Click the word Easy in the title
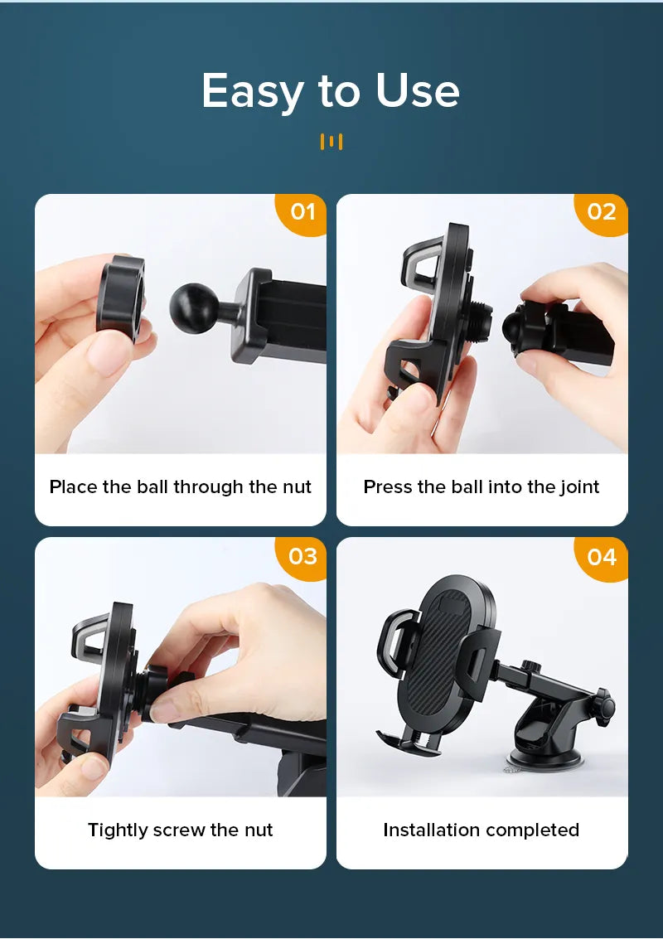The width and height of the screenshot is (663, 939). tap(253, 91)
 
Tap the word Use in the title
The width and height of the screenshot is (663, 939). tap(417, 91)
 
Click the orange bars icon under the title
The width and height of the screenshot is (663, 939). tap(331, 142)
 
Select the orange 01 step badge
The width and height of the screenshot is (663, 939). tap(302, 212)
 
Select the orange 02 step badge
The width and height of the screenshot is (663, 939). tap(602, 212)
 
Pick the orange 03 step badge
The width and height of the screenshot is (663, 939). tap(302, 556)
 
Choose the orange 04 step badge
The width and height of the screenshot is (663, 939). tap(602, 557)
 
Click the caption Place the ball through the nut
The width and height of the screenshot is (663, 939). tap(181, 486)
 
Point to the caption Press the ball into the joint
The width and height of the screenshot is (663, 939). tap(482, 486)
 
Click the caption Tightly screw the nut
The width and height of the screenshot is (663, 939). tap(181, 830)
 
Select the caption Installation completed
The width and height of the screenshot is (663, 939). tap(482, 830)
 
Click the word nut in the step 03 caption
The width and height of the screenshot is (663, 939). tap(258, 830)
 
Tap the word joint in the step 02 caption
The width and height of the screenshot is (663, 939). tap(578, 486)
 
